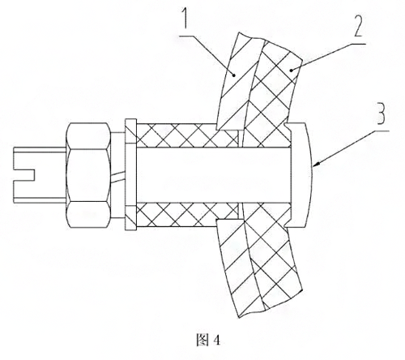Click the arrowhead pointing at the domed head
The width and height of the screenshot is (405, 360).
[317, 164]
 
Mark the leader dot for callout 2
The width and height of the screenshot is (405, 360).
[291, 71]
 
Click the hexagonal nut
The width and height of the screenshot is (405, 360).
[88, 175]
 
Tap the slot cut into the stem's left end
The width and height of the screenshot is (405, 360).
[23, 175]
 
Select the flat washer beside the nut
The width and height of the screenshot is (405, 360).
[131, 175]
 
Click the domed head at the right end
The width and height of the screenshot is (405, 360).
[300, 175]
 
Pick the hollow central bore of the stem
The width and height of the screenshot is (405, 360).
[213, 174]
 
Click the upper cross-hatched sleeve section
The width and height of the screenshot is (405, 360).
[186, 135]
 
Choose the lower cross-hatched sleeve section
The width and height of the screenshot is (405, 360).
[186, 215]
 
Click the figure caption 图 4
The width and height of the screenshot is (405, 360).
[208, 340]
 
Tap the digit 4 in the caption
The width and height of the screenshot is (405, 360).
[216, 341]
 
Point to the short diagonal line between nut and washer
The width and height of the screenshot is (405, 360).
[117, 176]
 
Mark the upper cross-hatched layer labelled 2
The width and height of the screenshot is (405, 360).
[273, 89]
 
